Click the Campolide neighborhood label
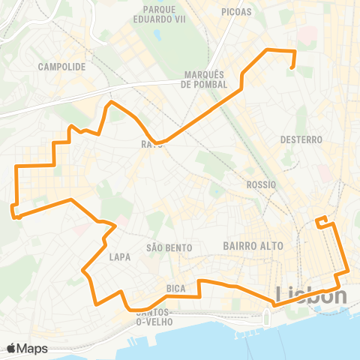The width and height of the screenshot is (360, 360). click(x=61, y=66)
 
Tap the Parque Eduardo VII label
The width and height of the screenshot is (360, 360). click(x=158, y=16)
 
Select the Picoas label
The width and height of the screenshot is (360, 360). click(x=237, y=12)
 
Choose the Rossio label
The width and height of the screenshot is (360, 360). click(x=261, y=184)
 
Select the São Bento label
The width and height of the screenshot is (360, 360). click(x=169, y=247)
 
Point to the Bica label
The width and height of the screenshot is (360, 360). click(x=177, y=287)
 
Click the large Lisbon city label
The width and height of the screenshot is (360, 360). click(x=311, y=295)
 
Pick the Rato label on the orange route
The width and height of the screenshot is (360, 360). click(x=151, y=144)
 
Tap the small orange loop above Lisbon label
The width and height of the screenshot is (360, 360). click(x=322, y=221)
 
